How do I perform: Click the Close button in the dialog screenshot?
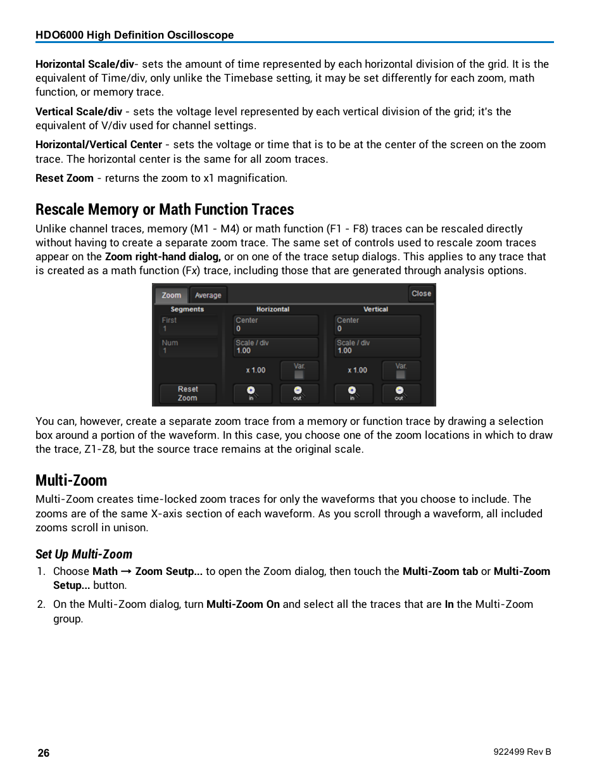(421, 293)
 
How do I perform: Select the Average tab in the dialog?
(208, 295)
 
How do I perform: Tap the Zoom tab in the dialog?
(171, 295)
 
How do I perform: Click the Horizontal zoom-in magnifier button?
(251, 393)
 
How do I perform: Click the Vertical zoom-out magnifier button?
(400, 393)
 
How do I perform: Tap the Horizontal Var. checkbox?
(299, 374)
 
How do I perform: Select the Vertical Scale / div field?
(377, 347)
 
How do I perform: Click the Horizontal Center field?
(275, 325)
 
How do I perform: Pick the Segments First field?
(189, 325)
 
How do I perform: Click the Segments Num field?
(189, 347)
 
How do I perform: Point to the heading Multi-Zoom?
(71, 481)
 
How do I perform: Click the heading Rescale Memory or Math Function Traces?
(165, 210)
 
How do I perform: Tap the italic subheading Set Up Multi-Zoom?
(84, 555)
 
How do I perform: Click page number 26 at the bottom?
(44, 753)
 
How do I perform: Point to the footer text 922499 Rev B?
(522, 752)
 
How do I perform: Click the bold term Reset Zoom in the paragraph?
(65, 179)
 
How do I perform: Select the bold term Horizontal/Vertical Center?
(99, 145)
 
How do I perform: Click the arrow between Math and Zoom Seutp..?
(126, 572)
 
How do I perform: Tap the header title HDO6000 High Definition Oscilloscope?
(135, 35)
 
